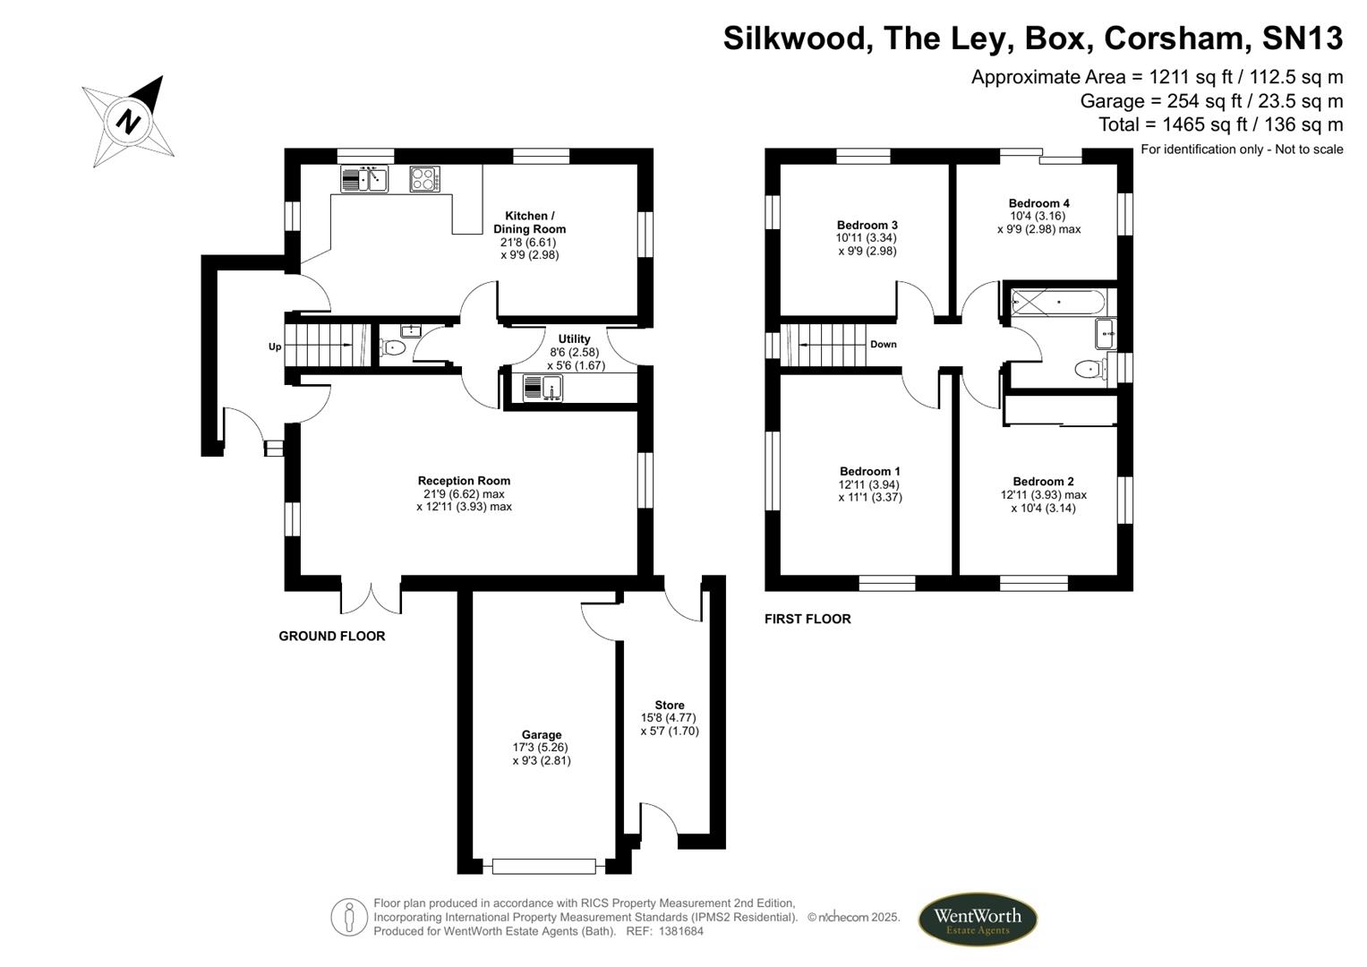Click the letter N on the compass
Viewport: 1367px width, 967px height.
(128, 121)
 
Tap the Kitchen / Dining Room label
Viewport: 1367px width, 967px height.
(529, 222)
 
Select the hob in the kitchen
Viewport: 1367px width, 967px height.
(424, 179)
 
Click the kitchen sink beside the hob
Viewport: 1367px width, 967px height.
(364, 179)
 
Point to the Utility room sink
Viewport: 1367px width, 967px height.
(543, 389)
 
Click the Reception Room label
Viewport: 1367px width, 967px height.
(464, 481)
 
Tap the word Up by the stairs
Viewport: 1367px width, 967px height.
(275, 347)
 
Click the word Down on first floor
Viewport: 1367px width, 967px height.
(883, 345)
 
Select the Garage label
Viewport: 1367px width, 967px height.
(542, 734)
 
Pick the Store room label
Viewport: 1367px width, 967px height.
(670, 705)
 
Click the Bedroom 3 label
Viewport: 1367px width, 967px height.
(867, 225)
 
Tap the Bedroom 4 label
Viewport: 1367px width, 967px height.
(1038, 202)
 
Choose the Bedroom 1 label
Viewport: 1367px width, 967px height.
(869, 471)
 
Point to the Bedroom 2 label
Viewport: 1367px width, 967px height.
(1043, 481)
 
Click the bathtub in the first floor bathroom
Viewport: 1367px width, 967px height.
(1057, 303)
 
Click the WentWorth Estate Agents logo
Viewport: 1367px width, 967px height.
(977, 919)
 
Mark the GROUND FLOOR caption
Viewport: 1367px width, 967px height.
(332, 636)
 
